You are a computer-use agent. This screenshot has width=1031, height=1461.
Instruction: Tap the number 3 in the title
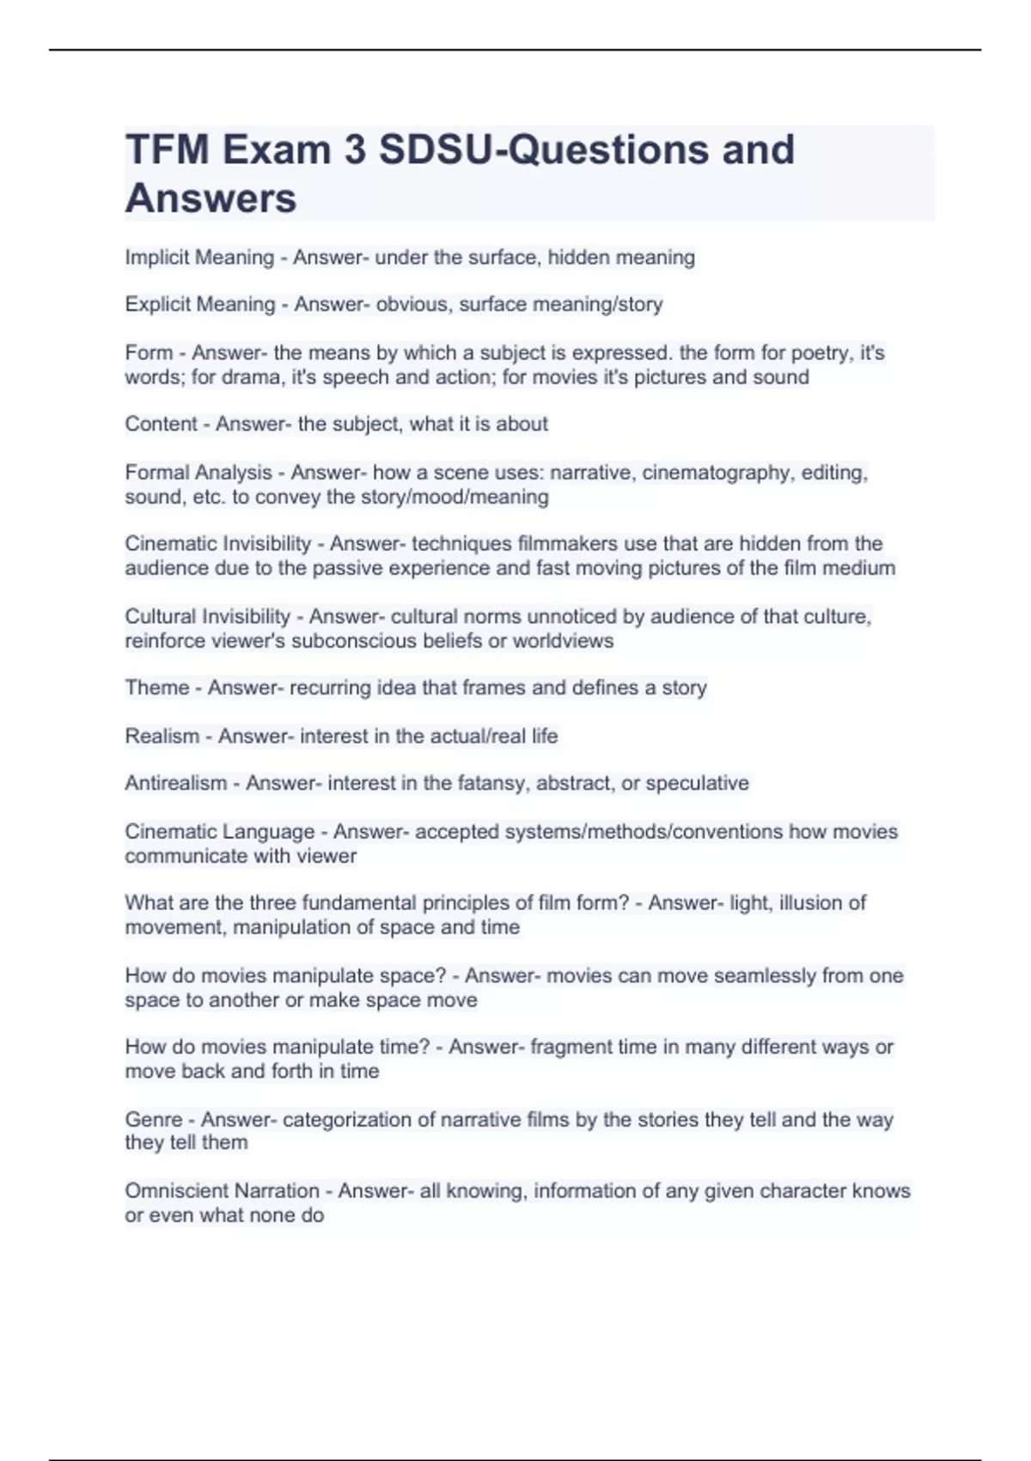tap(354, 150)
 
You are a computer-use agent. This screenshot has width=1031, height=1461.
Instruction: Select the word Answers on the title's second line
tap(210, 199)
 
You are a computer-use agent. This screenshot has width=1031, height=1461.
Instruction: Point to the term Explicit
tap(154, 304)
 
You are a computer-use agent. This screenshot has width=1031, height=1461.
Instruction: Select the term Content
tap(161, 424)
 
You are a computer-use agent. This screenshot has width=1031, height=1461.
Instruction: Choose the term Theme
tap(156, 688)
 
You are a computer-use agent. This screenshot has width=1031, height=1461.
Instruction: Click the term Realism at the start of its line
tap(162, 736)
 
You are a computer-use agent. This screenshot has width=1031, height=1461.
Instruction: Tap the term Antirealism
tap(176, 783)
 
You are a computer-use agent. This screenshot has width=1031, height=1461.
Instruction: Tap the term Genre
tap(154, 1119)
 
